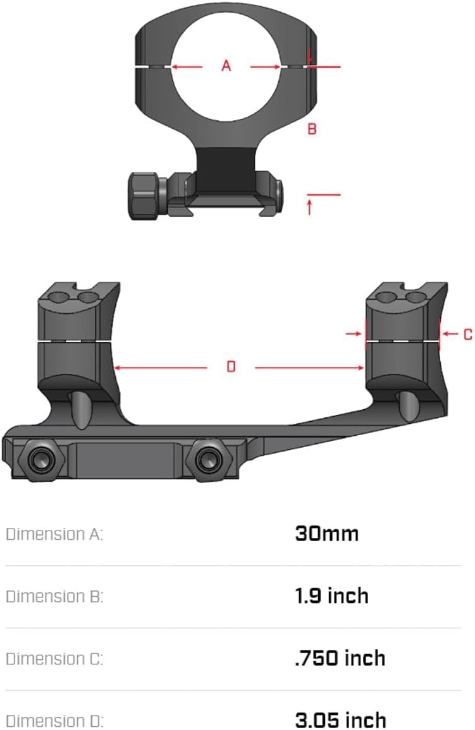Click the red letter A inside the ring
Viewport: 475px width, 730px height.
[226, 65]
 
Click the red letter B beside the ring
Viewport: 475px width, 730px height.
[312, 129]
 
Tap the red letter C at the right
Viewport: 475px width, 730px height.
[467, 334]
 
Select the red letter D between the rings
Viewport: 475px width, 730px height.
[231, 366]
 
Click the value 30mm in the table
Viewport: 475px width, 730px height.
[326, 534]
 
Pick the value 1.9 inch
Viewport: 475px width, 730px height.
[331, 595]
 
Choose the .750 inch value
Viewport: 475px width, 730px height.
[340, 658]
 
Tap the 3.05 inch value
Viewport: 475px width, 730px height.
[340, 719]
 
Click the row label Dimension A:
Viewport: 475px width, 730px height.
[54, 534]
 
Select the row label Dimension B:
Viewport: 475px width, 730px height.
[54, 596]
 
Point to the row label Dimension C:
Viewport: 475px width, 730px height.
[54, 659]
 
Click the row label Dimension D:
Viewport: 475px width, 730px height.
[54, 720]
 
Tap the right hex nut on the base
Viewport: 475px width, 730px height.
[207, 460]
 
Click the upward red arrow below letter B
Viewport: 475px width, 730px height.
[309, 206]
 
